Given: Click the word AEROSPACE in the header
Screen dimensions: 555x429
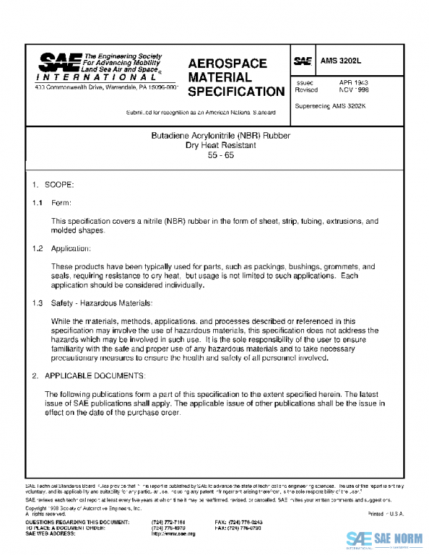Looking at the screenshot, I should click(227, 64).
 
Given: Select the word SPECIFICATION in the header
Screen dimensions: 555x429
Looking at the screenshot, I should click(236, 92).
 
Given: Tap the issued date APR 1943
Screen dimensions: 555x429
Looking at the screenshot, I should click(353, 83).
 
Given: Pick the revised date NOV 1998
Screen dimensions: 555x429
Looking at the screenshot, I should click(353, 91).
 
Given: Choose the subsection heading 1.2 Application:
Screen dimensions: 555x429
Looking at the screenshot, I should click(61, 248).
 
